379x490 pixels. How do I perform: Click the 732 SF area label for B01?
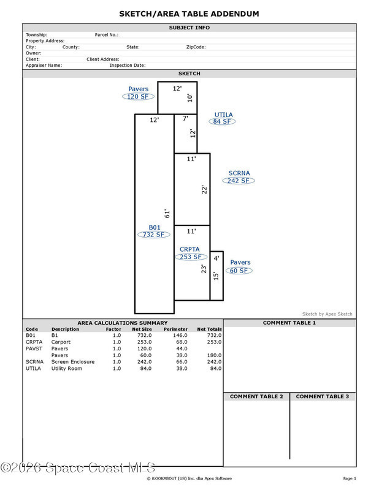(x=154, y=235)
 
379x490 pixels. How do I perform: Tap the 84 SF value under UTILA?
(x=223, y=121)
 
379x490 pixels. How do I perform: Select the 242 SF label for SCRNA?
(x=239, y=181)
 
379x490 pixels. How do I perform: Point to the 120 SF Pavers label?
(x=137, y=97)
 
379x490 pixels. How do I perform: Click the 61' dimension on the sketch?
(x=166, y=214)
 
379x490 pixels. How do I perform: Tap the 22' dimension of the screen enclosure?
(x=204, y=189)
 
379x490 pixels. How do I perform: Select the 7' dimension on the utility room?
(x=185, y=119)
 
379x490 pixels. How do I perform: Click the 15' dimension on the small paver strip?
(x=215, y=276)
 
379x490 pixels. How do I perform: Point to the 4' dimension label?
(x=216, y=258)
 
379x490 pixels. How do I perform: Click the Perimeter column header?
(x=175, y=329)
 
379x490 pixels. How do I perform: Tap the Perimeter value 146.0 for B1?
(x=180, y=336)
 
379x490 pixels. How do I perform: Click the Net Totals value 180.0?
(x=213, y=355)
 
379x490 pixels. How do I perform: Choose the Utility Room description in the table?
(x=66, y=368)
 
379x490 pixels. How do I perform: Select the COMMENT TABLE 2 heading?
(x=256, y=397)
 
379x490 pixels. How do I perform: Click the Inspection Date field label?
(x=128, y=65)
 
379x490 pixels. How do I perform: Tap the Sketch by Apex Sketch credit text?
(x=327, y=314)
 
